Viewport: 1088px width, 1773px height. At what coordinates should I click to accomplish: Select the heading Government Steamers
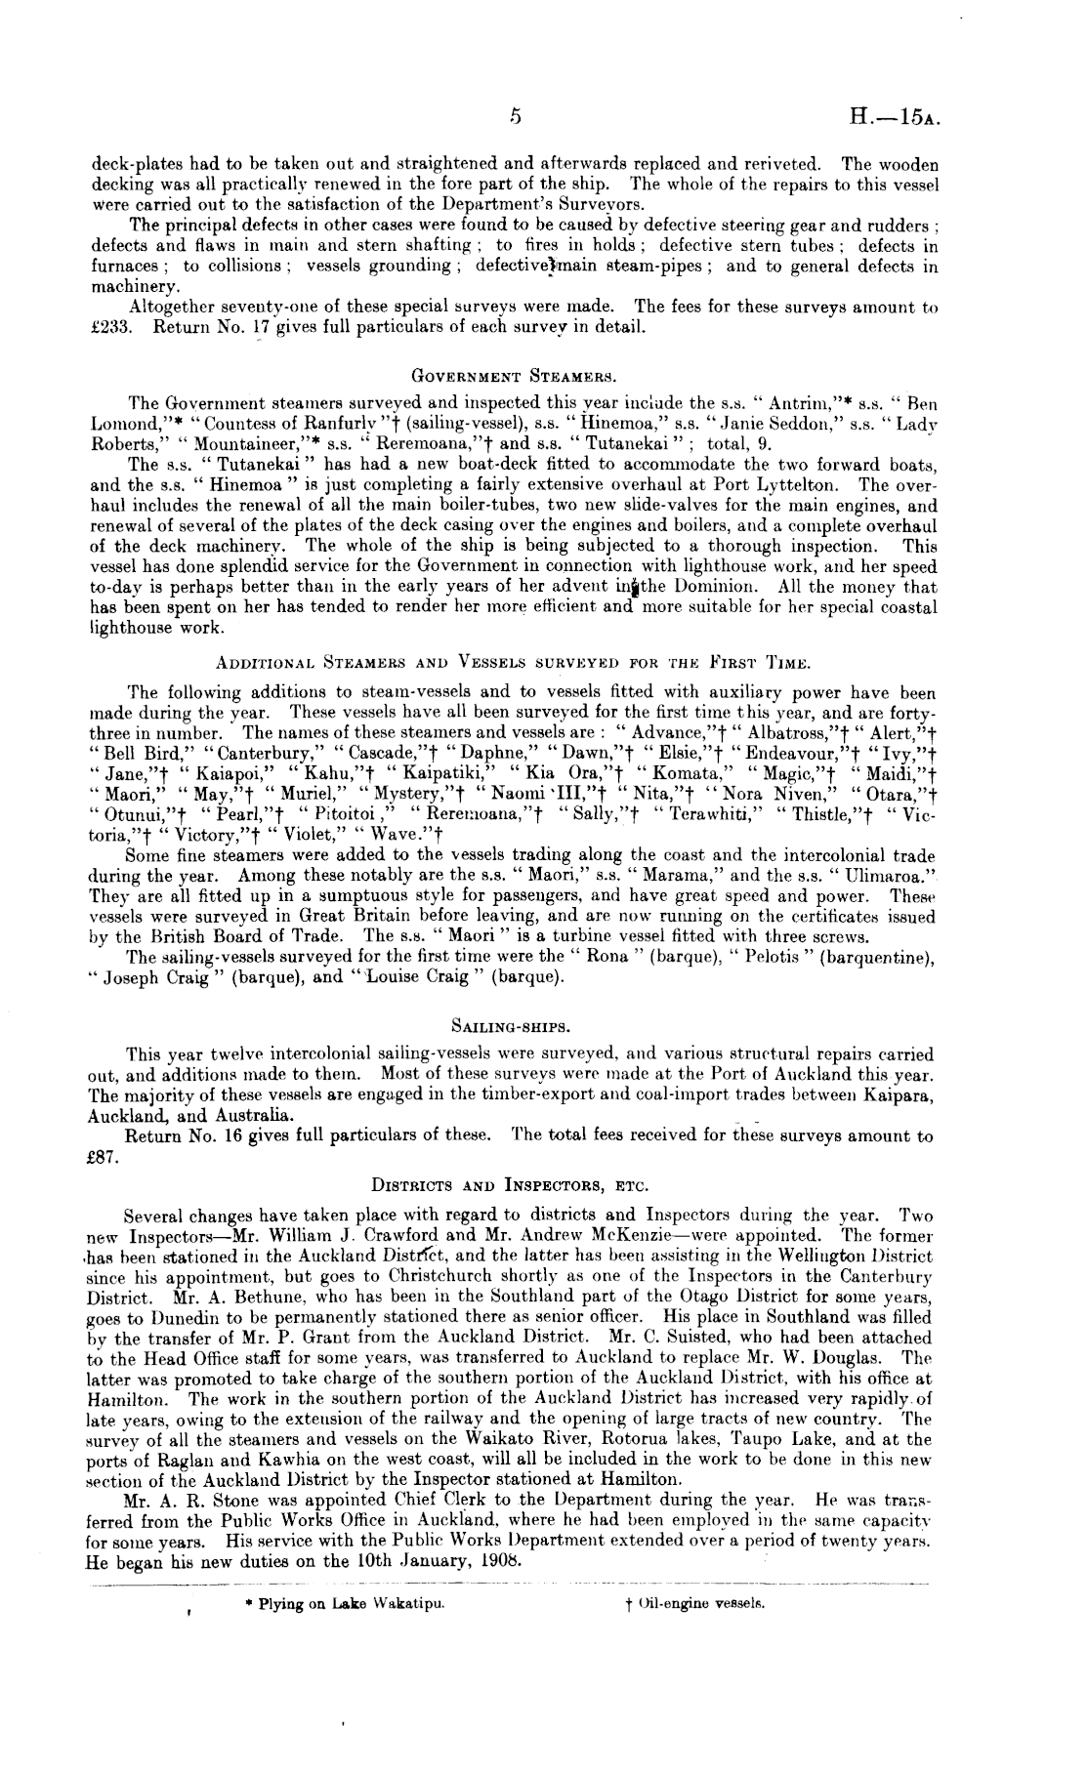coord(512,371)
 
